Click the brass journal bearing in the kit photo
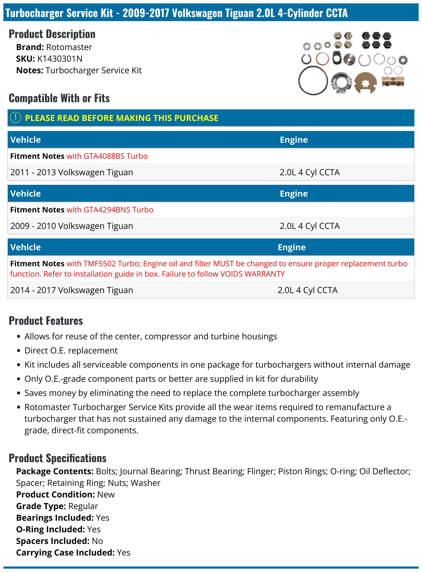393,81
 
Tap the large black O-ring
313,80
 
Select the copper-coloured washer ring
322,59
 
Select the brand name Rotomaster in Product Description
69,47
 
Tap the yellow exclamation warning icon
15,118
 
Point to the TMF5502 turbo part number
100,264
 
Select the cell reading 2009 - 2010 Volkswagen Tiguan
72,226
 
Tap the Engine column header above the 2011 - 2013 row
294,140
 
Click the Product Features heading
46,321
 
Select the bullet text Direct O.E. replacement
71,351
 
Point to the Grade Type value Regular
83,506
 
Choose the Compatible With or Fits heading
59,98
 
